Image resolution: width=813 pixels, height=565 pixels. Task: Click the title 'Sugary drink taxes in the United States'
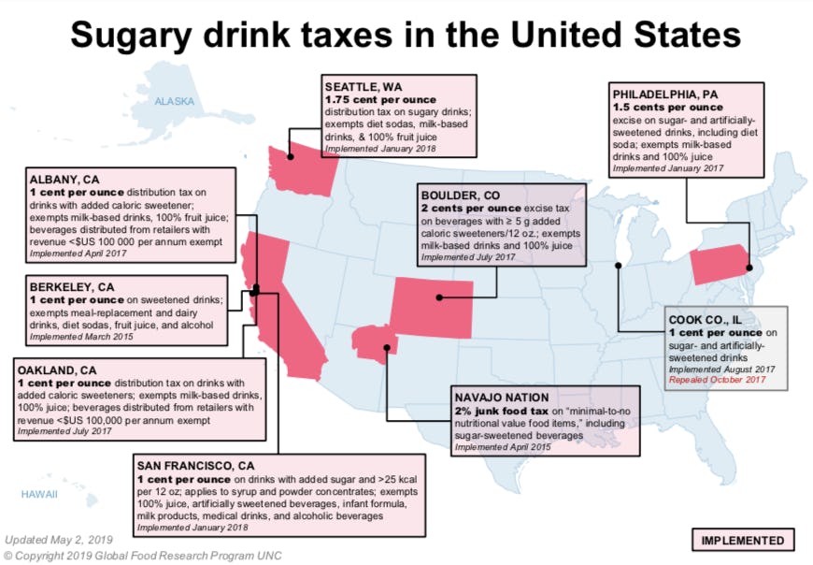(406, 35)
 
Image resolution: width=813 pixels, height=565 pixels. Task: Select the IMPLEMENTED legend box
(743, 540)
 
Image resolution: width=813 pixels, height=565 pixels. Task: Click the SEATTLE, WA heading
(364, 86)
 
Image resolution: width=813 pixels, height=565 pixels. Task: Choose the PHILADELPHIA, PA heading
(670, 94)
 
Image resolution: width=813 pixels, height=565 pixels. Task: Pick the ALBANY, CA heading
(63, 179)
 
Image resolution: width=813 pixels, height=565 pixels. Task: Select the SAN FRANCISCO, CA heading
(200, 464)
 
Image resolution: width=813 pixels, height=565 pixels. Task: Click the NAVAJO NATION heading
(504, 397)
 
